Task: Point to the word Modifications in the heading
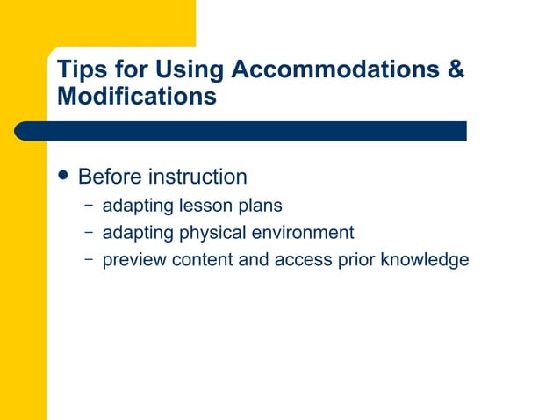tap(136, 96)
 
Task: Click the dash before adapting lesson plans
tap(90, 206)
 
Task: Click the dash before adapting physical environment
tap(90, 233)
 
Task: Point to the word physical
tap(211, 234)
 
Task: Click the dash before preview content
tap(90, 259)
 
